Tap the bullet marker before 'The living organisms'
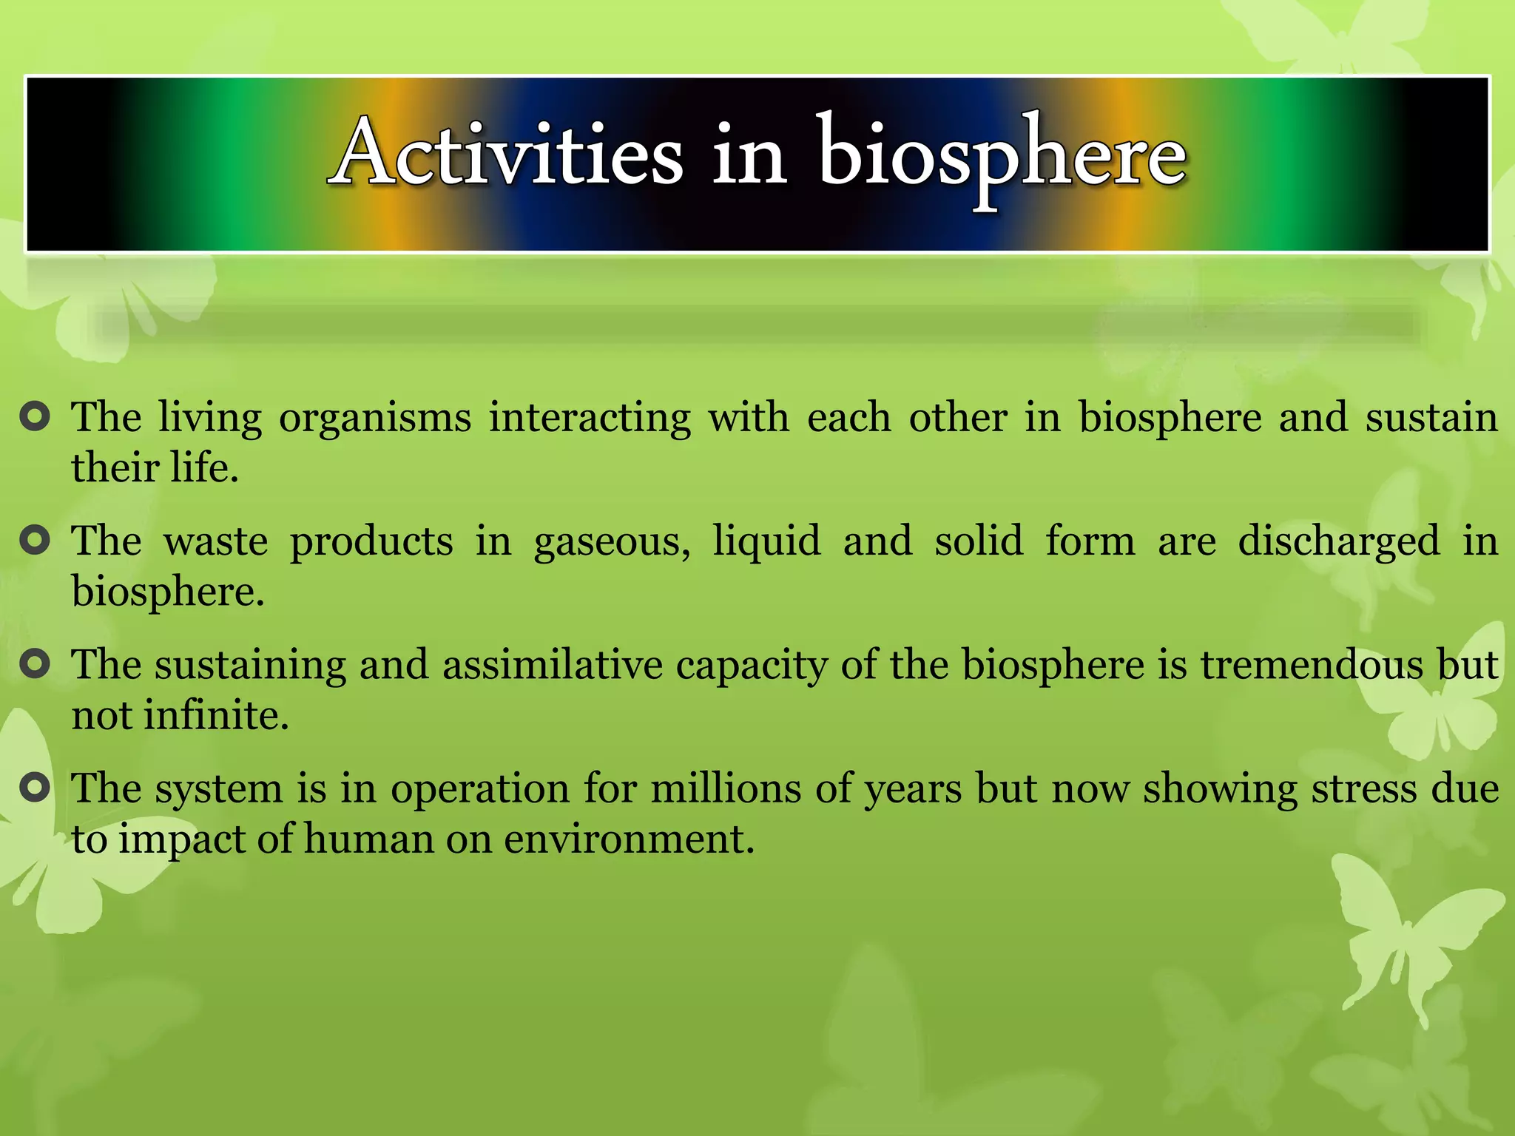click(x=35, y=418)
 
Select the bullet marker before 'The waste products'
click(x=35, y=541)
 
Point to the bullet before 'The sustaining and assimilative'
click(x=35, y=665)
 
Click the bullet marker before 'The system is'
click(x=35, y=788)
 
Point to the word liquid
click(x=766, y=541)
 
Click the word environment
click(x=629, y=839)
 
